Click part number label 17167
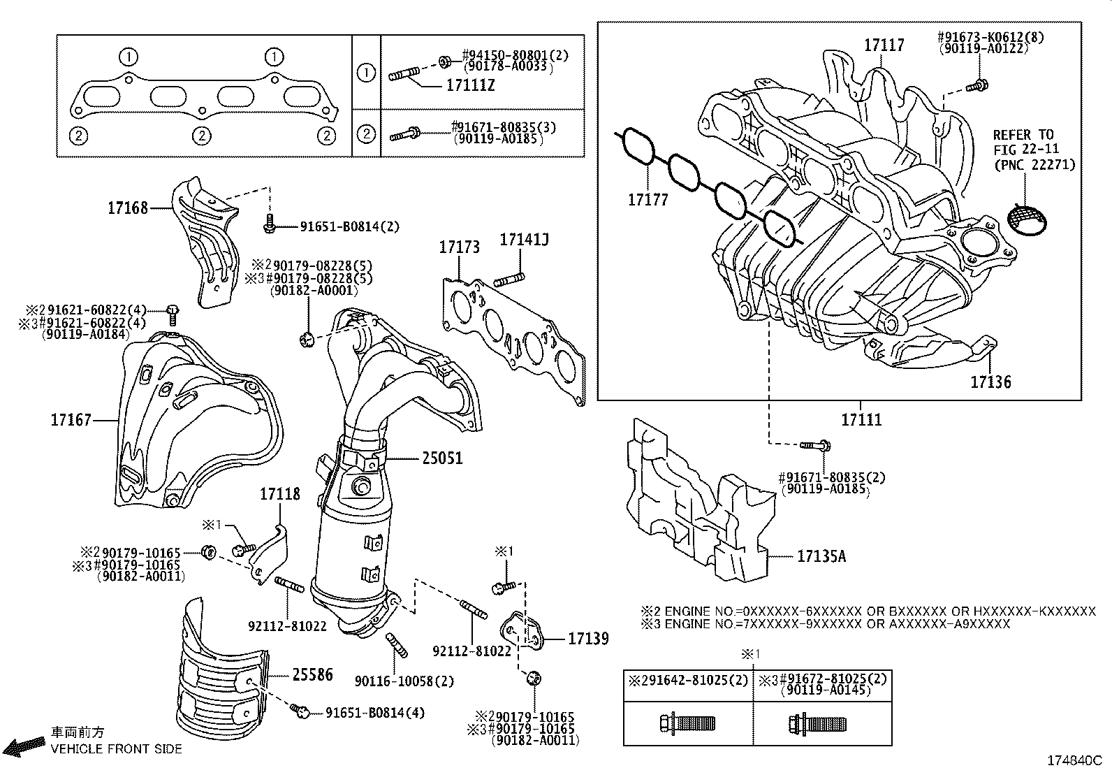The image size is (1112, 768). click(x=71, y=420)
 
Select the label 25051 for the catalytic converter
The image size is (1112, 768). click(x=441, y=458)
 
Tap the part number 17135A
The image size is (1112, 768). click(x=821, y=556)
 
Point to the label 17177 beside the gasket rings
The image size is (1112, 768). click(x=648, y=200)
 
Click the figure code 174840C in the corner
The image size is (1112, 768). click(x=1074, y=760)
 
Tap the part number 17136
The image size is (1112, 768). click(x=990, y=382)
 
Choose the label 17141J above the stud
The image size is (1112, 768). click(x=524, y=240)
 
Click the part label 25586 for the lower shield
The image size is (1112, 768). click(x=312, y=674)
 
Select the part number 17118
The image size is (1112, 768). click(x=280, y=494)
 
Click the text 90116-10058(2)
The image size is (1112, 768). click(x=404, y=681)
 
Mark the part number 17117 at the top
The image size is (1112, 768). click(x=884, y=45)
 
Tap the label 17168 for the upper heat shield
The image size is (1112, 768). click(x=128, y=208)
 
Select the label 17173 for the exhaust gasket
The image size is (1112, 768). click(x=459, y=247)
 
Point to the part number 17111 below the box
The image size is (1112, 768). click(x=861, y=419)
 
